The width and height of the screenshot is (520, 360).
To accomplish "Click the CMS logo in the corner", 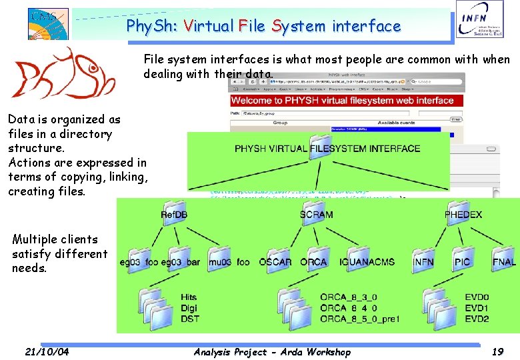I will point(48,23).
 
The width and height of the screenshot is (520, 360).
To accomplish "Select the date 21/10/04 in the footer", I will point(47,351).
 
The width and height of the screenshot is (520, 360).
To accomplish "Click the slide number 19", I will point(497,351).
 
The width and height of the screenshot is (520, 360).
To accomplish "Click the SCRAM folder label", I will point(316,215).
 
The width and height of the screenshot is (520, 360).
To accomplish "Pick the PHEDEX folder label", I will point(463,215).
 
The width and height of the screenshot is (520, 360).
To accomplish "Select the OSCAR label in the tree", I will point(275,262).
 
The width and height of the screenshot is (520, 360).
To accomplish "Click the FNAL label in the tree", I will point(504,262).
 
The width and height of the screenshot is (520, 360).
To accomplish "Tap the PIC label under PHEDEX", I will point(462,262).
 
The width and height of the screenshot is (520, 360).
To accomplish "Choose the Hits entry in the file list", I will point(189,297).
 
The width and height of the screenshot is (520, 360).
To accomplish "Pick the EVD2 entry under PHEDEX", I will point(477,319).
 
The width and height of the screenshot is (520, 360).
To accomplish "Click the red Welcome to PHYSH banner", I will point(342,101).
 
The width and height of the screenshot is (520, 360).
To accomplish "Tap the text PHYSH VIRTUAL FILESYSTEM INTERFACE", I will point(327,148).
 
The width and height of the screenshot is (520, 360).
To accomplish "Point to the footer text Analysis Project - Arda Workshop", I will point(271,351).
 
